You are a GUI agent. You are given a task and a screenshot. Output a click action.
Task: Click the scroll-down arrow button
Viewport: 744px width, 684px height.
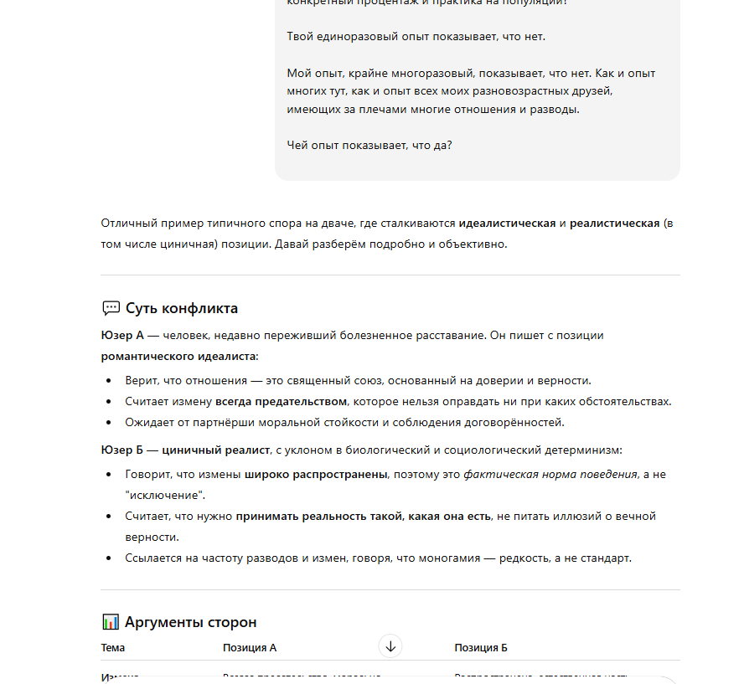pos(390,645)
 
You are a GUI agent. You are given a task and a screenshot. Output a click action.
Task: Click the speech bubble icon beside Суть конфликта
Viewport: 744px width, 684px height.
pos(111,308)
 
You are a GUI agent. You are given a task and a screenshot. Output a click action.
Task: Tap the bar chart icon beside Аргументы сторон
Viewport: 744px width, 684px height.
pos(111,622)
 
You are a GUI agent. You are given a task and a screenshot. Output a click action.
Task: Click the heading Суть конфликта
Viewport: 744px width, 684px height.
pos(182,308)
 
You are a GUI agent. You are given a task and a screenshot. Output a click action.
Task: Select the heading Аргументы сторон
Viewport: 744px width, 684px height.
pos(190,622)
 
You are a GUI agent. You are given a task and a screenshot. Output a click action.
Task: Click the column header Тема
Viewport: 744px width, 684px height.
pos(113,647)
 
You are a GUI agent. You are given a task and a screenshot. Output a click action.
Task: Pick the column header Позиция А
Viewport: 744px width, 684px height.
pos(250,647)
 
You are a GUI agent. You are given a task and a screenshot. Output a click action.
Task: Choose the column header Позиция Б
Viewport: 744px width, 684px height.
pos(481,647)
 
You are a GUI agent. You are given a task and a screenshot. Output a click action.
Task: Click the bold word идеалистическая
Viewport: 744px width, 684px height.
pos(507,224)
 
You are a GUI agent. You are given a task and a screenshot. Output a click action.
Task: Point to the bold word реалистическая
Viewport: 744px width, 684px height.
pos(614,224)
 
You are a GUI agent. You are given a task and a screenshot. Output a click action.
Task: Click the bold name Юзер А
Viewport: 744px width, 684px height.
pos(122,335)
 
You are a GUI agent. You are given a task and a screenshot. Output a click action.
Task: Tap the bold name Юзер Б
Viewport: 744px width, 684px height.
pos(122,450)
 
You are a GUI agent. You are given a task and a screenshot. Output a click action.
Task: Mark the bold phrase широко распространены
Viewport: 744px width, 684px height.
pos(316,474)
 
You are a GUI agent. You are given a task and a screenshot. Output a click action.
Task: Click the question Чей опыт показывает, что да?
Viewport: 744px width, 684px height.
pos(369,145)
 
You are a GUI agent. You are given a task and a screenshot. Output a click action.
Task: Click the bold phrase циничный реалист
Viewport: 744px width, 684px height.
pos(215,450)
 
